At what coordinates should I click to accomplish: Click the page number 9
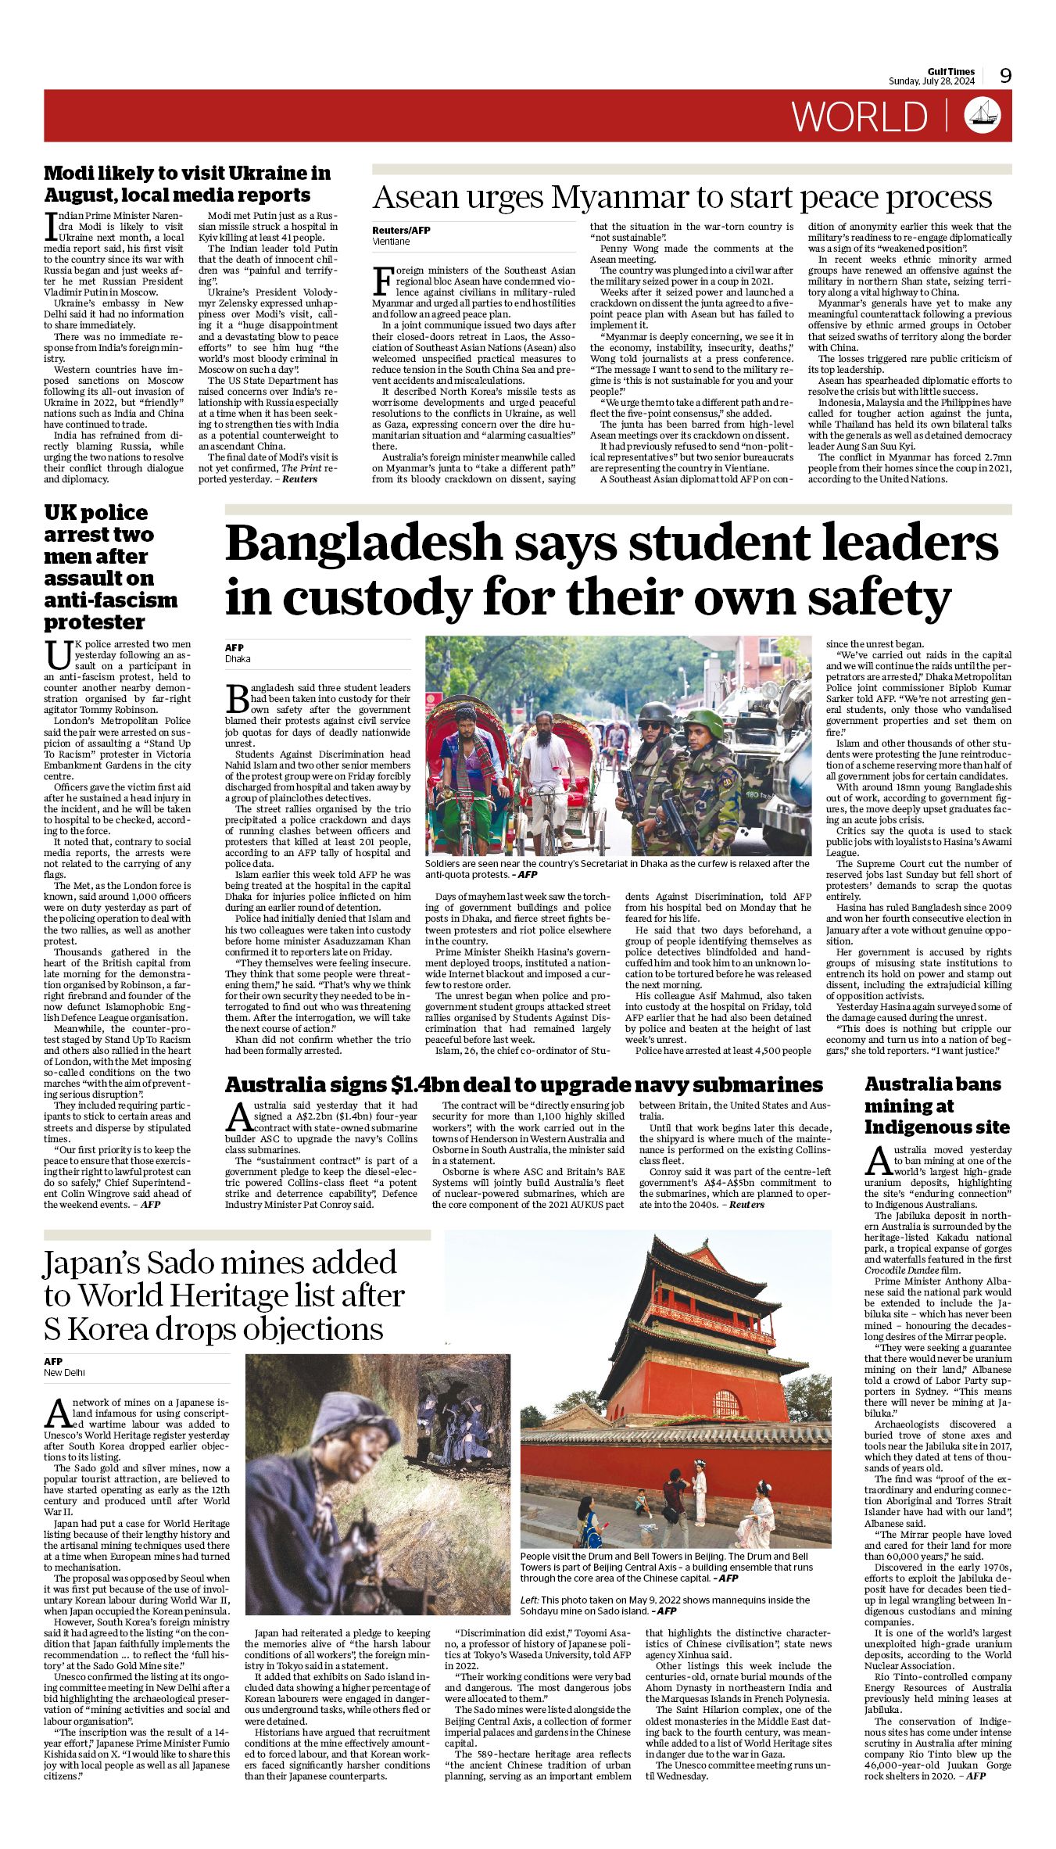[x=1005, y=76]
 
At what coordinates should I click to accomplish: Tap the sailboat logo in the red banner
[x=983, y=115]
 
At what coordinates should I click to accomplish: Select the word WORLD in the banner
[x=860, y=116]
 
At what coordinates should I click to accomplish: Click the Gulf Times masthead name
[x=951, y=72]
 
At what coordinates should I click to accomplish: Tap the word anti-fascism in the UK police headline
[x=110, y=600]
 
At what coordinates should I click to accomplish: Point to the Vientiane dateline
[x=391, y=242]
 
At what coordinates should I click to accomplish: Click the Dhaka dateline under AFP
[x=238, y=659]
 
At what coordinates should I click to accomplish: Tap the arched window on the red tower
[x=725, y=1404]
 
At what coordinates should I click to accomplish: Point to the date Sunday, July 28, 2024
[x=931, y=81]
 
